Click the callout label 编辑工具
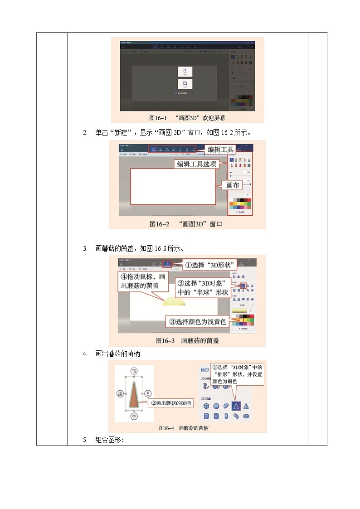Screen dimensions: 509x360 coord(221,150)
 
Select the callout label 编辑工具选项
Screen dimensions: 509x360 coord(196,164)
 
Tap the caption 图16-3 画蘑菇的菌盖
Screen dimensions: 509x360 coord(187,340)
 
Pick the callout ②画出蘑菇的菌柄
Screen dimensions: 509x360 coord(170,403)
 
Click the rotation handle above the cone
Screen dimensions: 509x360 coord(134,370)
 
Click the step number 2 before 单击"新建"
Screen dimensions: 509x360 coord(85,132)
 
